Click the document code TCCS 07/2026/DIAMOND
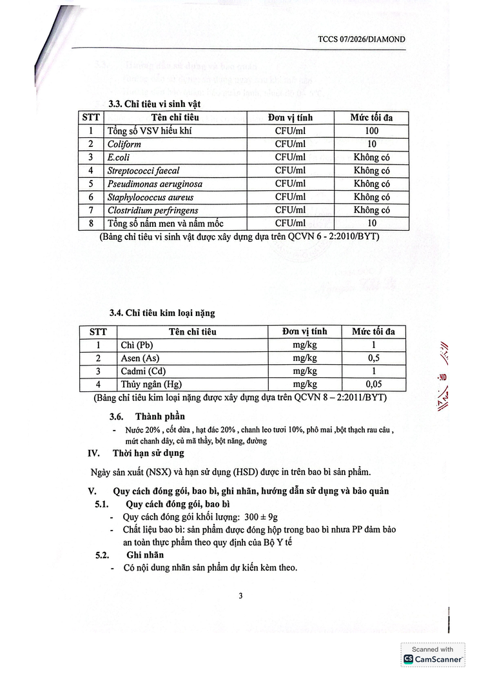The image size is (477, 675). (x=362, y=39)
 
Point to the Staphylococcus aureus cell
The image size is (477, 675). (x=150, y=197)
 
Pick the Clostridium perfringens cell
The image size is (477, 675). (x=153, y=210)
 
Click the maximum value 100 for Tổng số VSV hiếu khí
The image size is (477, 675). (x=371, y=131)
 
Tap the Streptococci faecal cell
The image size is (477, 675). (x=143, y=171)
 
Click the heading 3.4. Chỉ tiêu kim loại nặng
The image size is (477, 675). (x=162, y=313)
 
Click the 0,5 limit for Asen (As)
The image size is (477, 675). (x=373, y=358)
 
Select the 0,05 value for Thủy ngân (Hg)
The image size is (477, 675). (x=373, y=384)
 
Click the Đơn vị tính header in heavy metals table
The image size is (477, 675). (x=304, y=331)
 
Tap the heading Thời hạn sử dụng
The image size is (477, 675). (x=148, y=453)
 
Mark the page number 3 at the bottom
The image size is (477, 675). (x=240, y=596)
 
